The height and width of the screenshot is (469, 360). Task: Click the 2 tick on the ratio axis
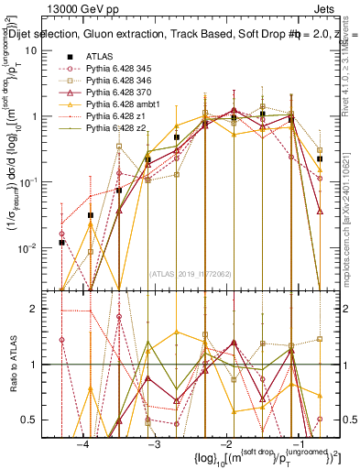38,309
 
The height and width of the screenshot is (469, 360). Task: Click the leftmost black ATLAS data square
61,242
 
